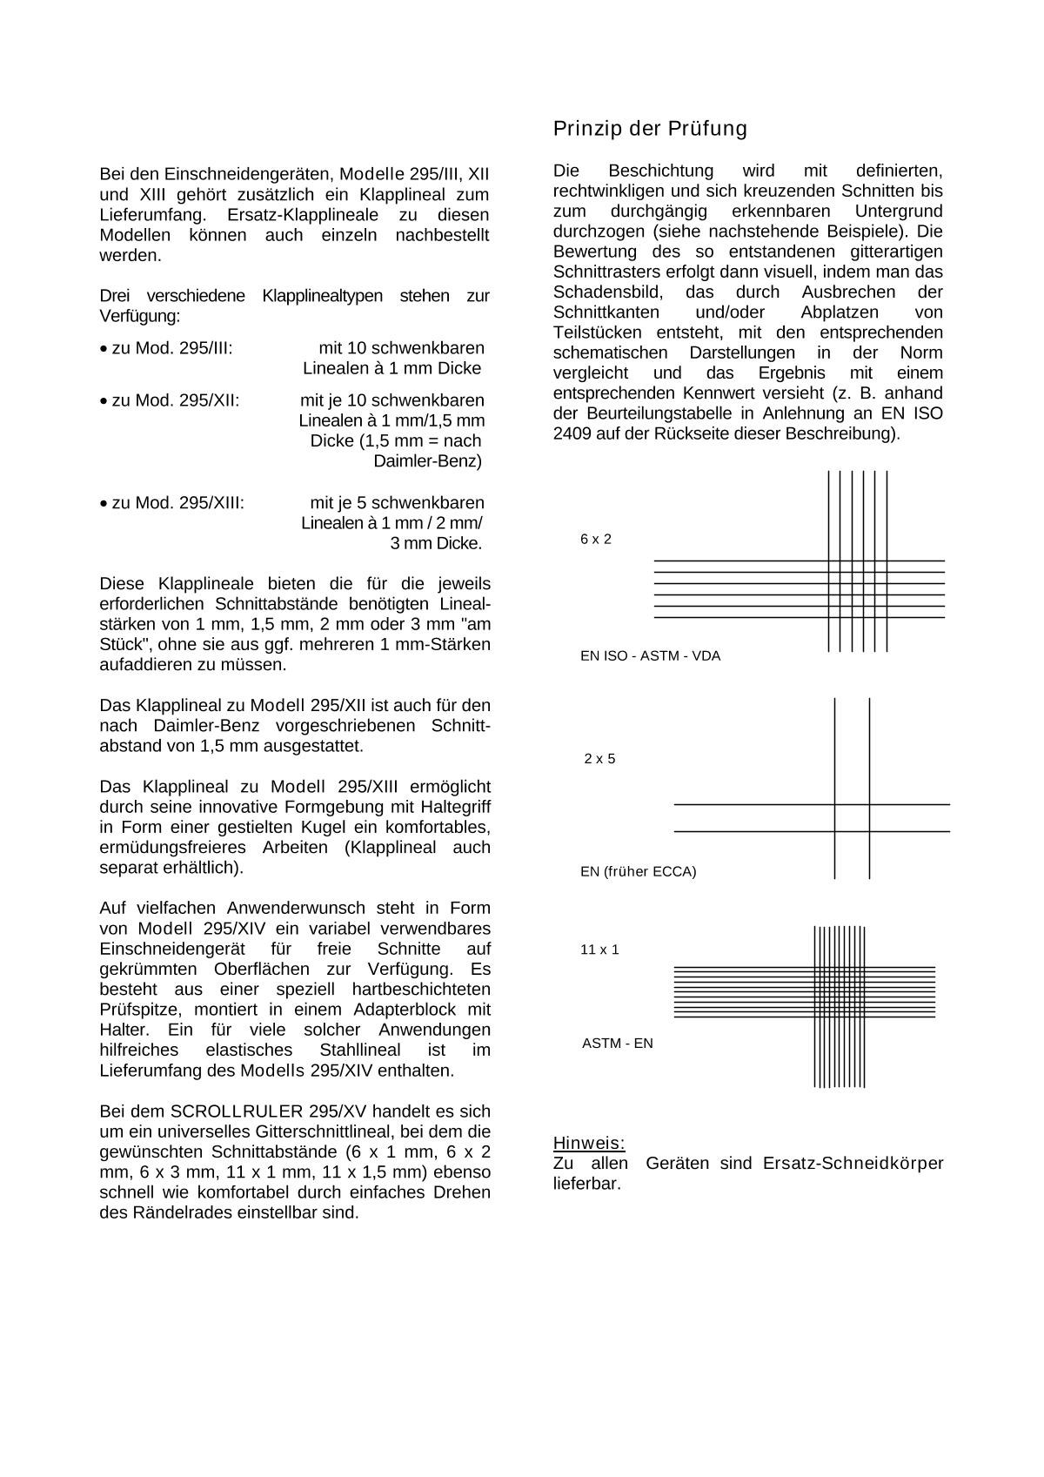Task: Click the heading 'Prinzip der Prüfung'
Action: [x=650, y=129]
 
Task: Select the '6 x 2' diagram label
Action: [x=596, y=540]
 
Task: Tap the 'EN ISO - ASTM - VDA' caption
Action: [x=650, y=656]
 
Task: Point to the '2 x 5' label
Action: [x=599, y=759]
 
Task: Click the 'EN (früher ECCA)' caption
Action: [x=638, y=871]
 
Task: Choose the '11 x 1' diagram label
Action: [x=599, y=950]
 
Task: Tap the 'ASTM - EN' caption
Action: [x=617, y=1044]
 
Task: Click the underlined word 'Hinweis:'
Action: [x=589, y=1144]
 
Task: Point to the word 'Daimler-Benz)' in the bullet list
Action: [x=427, y=461]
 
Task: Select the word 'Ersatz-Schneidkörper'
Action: [x=853, y=1164]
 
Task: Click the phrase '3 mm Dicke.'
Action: [x=435, y=544]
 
